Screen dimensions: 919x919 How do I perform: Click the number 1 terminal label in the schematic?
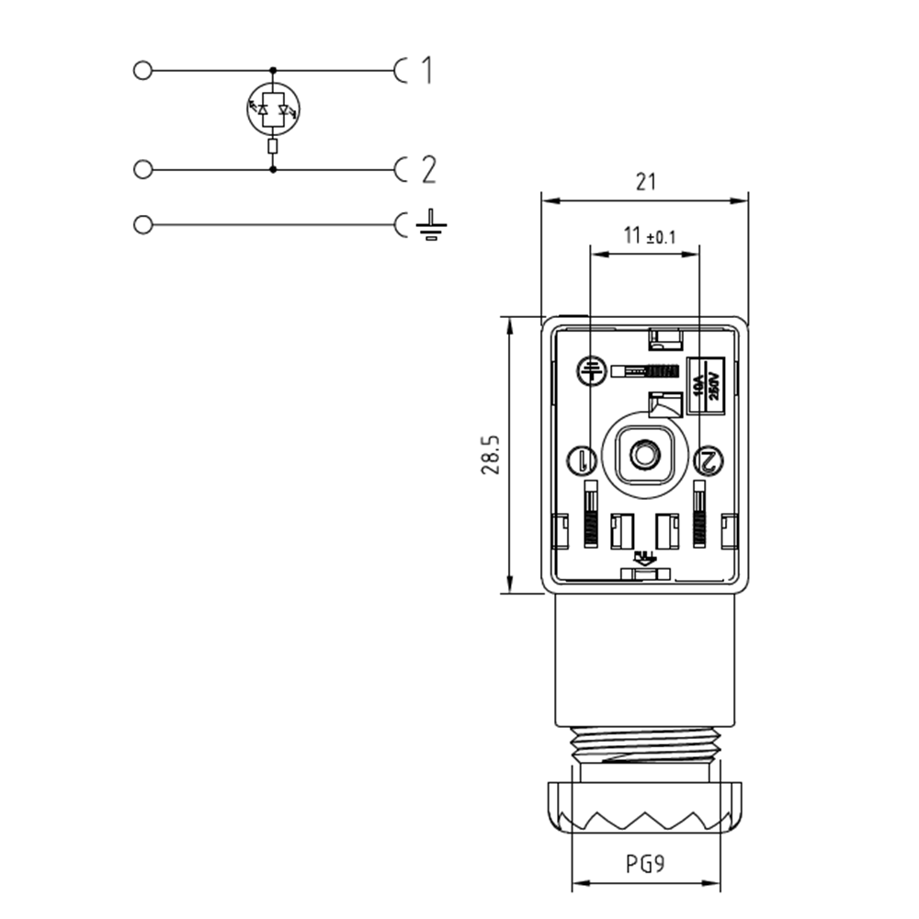pos(425,70)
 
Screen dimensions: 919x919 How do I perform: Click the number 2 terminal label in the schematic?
pos(427,170)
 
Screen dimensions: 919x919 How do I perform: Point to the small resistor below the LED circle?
pos(273,147)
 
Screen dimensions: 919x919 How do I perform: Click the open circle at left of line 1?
pos(142,70)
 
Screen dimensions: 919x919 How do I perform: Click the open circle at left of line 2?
pos(142,169)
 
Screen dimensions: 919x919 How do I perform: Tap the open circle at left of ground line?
pos(142,224)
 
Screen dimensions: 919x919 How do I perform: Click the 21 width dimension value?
pos(646,182)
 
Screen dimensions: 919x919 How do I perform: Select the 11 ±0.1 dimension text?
pos(649,235)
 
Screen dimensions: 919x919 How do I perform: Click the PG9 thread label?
pos(647,865)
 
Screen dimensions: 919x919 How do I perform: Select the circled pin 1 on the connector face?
pos(583,459)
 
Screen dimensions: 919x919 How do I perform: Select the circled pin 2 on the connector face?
pos(709,460)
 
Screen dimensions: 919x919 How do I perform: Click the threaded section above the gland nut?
pos(645,745)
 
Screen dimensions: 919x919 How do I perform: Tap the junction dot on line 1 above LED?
pos(273,70)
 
